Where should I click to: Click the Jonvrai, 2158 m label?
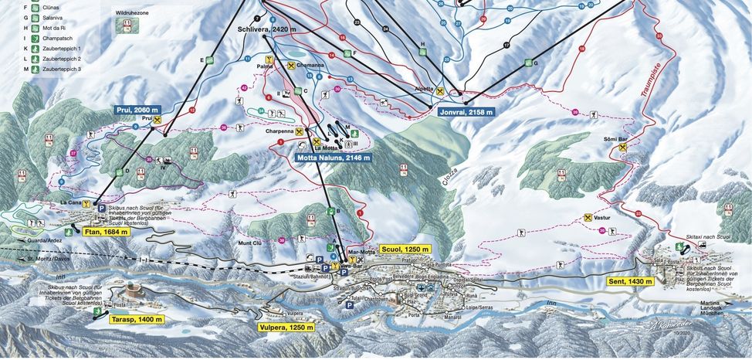pyautogui.click(x=455, y=111)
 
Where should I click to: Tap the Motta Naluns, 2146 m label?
pyautogui.click(x=334, y=158)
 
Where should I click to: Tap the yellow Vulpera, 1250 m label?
pyautogui.click(x=286, y=327)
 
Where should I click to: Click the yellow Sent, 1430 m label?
pyautogui.click(x=630, y=281)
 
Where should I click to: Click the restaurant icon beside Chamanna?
pyautogui.click(x=291, y=66)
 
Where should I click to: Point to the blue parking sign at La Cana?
pyautogui.click(x=99, y=207)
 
